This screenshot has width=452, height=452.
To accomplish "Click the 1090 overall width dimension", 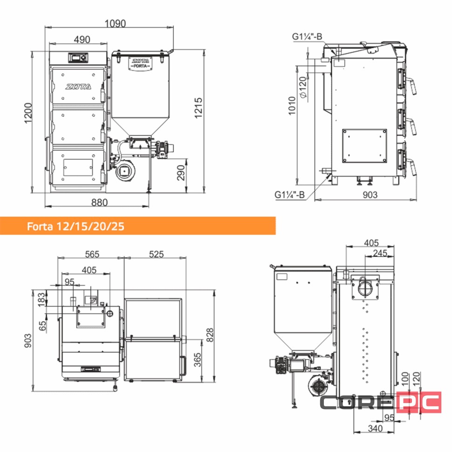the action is pyautogui.click(x=115, y=23).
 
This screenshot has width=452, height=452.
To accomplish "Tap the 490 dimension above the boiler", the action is pyautogui.click(x=82, y=40).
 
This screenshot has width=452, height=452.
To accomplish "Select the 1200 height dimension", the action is pyautogui.click(x=28, y=113).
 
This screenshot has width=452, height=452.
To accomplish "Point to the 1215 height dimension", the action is pyautogui.click(x=199, y=108).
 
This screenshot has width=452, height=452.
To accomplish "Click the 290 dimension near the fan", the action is pyautogui.click(x=181, y=173).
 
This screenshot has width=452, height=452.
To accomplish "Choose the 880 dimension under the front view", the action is pyautogui.click(x=99, y=202).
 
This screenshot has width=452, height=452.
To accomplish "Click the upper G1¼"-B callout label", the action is pyautogui.click(x=307, y=37).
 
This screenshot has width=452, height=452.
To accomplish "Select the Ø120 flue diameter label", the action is pyautogui.click(x=303, y=87).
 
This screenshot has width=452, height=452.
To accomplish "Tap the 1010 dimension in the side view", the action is pyautogui.click(x=292, y=106).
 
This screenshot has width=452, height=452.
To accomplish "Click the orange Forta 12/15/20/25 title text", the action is pyautogui.click(x=75, y=226).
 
